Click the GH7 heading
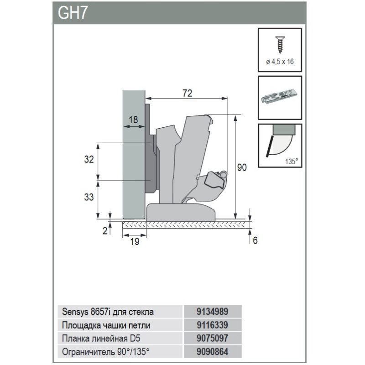pos(73,13)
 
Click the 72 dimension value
pos(187,93)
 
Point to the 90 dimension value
pos(242,167)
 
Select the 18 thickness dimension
pos(133,120)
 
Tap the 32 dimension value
pos(89,159)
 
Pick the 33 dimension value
pos(89,197)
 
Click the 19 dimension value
pos(135,242)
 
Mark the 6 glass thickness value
pos(255,240)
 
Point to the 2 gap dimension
pos(105,230)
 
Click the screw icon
pos(280,45)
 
